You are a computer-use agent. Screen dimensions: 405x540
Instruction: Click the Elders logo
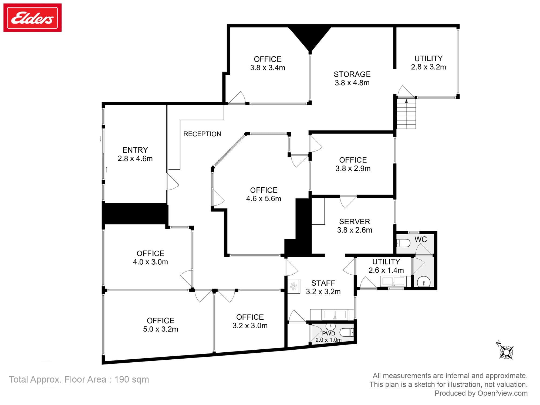[32, 18]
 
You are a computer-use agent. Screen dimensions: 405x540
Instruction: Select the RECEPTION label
[202, 134]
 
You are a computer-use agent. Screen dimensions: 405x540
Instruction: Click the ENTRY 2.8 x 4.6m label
[135, 154]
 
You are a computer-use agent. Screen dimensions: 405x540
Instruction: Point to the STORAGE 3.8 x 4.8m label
[352, 78]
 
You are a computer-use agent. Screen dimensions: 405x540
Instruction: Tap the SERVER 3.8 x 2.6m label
[355, 226]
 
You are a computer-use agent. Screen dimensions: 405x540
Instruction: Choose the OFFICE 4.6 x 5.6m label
[264, 194]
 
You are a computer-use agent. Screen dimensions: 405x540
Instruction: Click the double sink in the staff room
[335, 315]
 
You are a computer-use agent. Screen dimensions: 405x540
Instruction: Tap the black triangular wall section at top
[310, 36]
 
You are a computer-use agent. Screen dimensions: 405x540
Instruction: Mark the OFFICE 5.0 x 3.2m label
[160, 325]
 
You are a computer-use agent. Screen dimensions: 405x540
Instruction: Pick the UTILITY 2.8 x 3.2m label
[428, 63]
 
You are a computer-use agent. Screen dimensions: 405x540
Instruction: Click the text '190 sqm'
[131, 379]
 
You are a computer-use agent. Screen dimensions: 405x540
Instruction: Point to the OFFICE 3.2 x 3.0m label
[250, 321]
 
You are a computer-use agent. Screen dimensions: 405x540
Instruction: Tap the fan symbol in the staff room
[293, 286]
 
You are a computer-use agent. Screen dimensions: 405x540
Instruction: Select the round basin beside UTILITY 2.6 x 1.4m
[424, 283]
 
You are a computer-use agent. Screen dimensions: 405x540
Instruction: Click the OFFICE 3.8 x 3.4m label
[268, 63]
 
